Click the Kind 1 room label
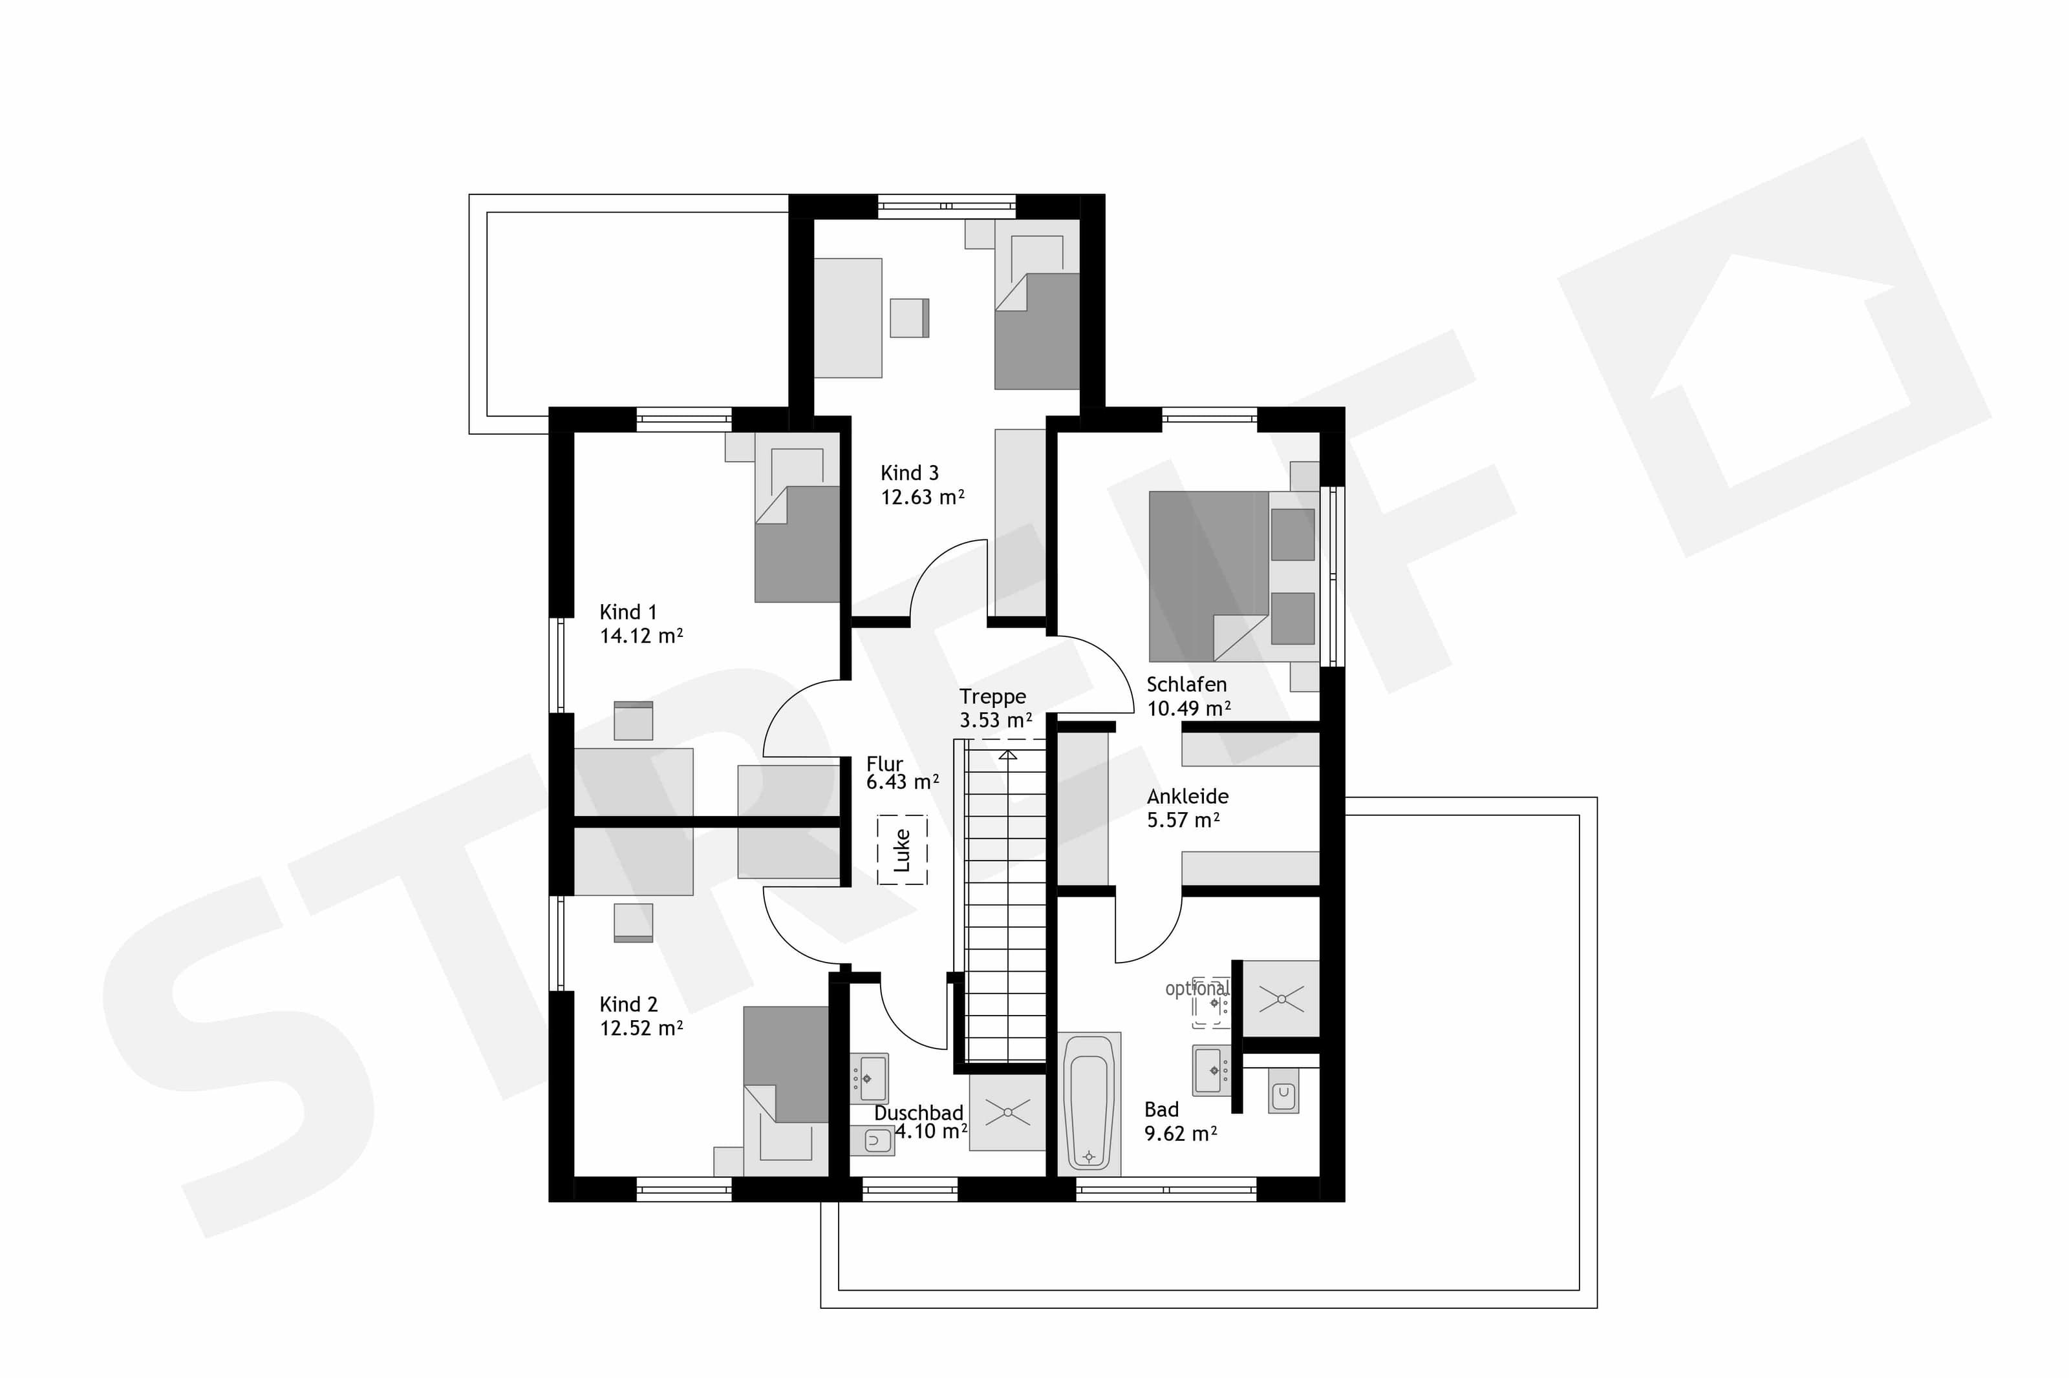[628, 612]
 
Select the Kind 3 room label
[909, 473]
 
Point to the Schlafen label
[1186, 684]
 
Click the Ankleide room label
[1187, 796]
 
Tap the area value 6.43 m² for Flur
[902, 781]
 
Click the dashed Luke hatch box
[902, 850]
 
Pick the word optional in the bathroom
[1196, 988]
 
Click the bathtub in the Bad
[1089, 1103]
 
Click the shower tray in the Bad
[1281, 998]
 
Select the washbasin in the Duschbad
[870, 1078]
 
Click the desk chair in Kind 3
[909, 318]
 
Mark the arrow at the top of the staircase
[1008, 754]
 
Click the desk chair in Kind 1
[633, 720]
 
